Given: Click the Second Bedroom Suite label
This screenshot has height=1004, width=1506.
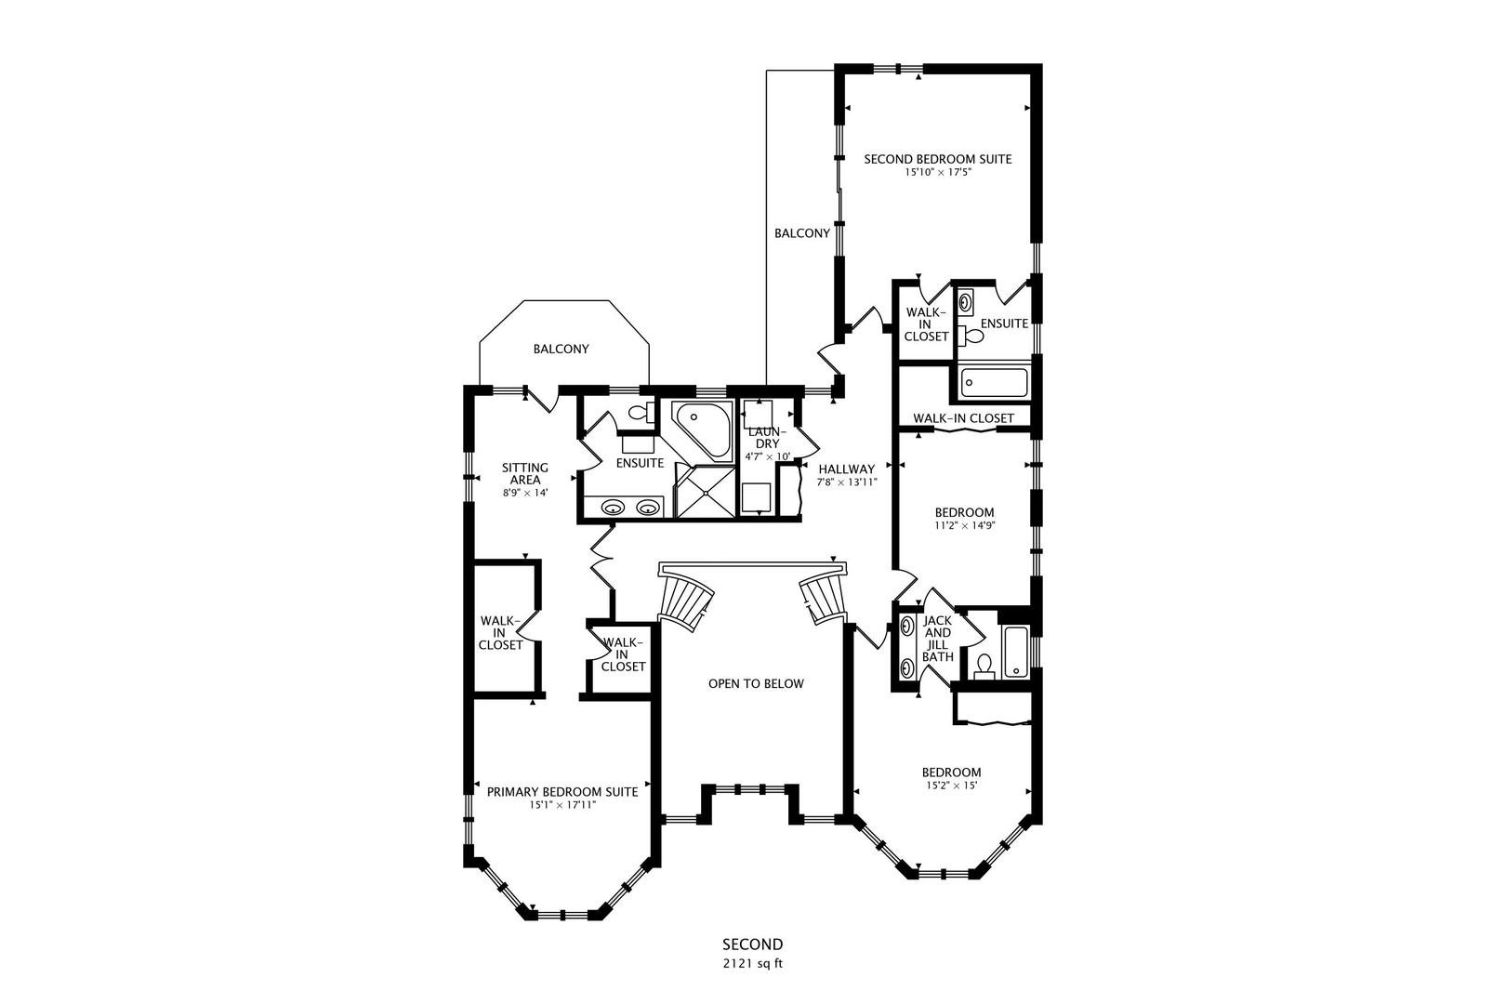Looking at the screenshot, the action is tap(937, 159).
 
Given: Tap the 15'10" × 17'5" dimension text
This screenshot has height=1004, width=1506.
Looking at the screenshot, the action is tap(938, 172).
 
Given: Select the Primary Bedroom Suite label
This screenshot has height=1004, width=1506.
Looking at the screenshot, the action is tap(562, 792).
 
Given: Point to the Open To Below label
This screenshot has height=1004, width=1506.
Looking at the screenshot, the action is tap(756, 684).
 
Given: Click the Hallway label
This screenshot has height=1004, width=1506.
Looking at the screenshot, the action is tap(847, 469).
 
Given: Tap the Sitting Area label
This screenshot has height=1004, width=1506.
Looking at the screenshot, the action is tap(525, 473).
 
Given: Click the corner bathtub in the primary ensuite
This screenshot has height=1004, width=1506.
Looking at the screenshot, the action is tap(701, 431).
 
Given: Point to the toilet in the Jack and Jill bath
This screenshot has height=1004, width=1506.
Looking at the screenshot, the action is tap(985, 667).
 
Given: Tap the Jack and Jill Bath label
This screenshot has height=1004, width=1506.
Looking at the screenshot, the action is tap(937, 638).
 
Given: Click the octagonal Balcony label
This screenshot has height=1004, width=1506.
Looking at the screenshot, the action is tap(561, 349).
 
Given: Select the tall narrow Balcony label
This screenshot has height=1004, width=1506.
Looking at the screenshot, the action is tap(802, 233).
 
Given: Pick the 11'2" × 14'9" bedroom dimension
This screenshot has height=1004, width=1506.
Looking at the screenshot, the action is tap(965, 526).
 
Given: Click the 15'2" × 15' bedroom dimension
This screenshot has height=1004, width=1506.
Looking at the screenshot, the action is tap(951, 786).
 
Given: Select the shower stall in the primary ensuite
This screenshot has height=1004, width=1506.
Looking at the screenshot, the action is tap(706, 493).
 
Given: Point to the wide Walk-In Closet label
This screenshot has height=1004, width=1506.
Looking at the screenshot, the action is tap(963, 418).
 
